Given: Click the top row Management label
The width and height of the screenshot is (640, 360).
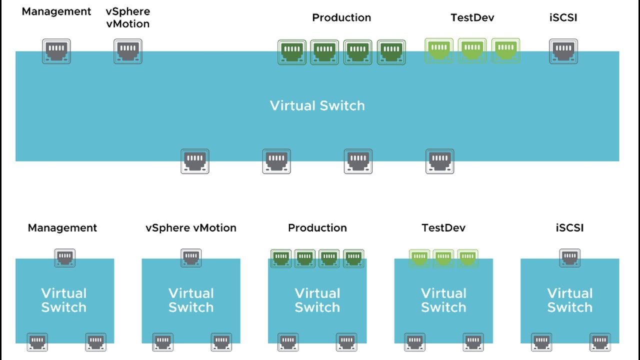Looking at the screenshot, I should tap(56, 11).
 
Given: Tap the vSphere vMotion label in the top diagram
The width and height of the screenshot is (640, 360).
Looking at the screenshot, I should tap(128, 17).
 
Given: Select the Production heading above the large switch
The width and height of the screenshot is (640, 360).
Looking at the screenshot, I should tap(341, 17).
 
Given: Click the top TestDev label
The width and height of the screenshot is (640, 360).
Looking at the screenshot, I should tap(472, 17).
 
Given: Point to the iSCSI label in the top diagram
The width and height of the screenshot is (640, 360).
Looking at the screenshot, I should tap(563, 17).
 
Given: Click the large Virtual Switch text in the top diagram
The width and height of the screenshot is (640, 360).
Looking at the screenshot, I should tap(317, 105).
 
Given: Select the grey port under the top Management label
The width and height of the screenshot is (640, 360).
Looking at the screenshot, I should tap(56, 51).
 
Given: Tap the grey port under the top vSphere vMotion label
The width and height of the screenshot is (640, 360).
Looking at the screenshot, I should tap(128, 51).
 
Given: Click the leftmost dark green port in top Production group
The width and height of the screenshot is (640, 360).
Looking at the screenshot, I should tap(292, 52).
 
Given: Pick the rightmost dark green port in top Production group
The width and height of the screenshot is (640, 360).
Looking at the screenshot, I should tap(391, 52).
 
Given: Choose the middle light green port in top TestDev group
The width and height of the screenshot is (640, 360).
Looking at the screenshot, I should tap(472, 51).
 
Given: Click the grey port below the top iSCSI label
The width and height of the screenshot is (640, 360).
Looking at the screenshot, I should tap(563, 51).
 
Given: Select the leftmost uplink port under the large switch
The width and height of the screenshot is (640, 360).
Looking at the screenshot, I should tap(195, 161).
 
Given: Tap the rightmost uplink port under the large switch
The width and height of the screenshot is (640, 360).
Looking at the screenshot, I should tap(440, 161).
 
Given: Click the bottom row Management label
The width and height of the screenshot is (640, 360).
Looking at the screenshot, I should tap(62, 228).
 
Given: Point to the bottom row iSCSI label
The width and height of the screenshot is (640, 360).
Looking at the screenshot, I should tap(569, 228).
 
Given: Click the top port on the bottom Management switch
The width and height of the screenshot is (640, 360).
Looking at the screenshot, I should tap(64, 258).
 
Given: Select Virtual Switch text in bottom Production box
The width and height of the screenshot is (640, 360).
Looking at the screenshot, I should tap(317, 300).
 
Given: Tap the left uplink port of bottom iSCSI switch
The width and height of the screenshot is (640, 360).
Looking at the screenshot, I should tap(541, 342).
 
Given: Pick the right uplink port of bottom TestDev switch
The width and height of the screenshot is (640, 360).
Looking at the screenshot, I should tap(473, 342).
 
